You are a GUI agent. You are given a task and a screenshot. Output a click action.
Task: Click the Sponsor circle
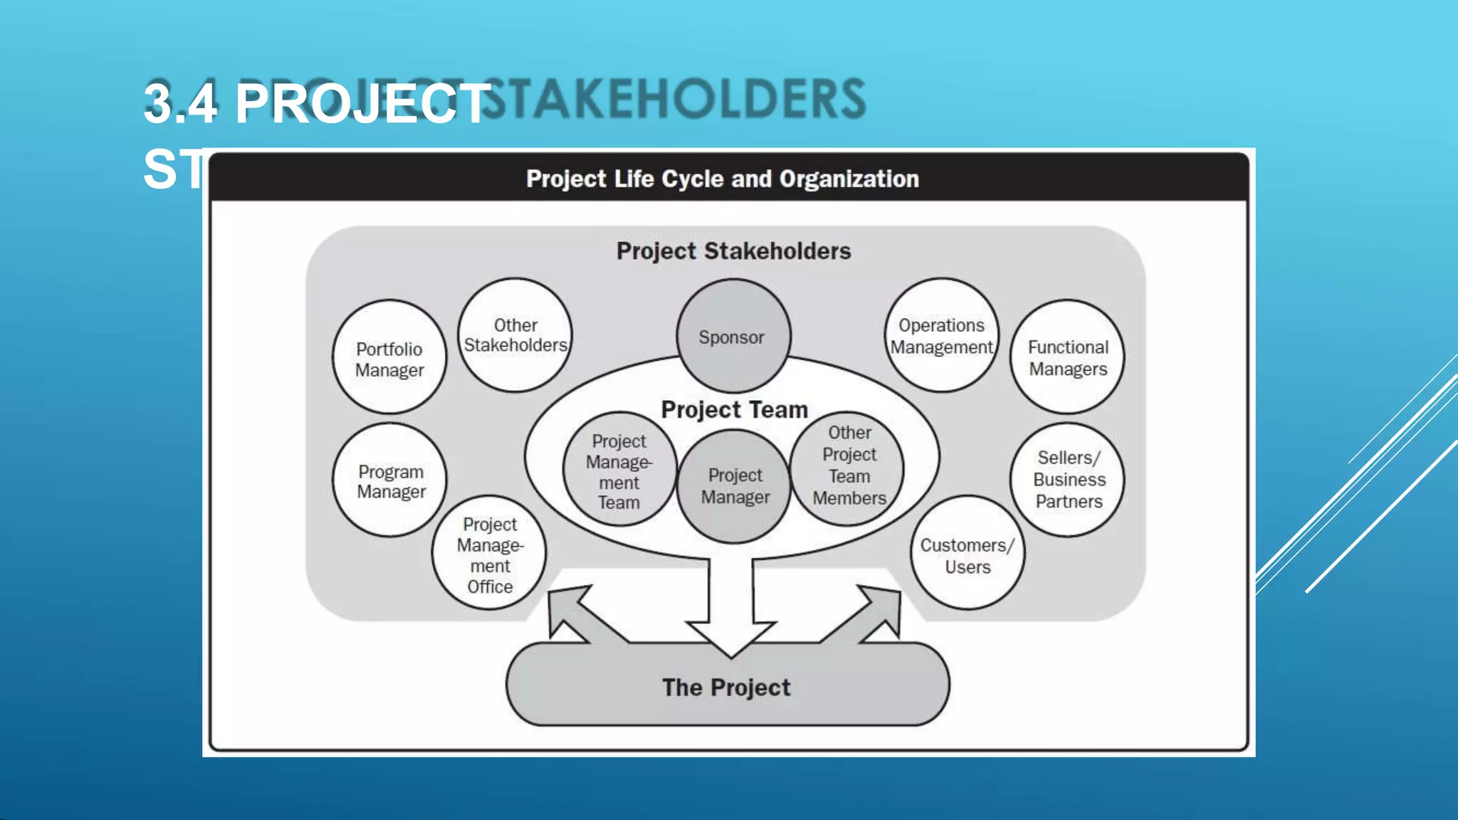tap(733, 336)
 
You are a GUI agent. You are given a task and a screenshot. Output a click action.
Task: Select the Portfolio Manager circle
tap(389, 357)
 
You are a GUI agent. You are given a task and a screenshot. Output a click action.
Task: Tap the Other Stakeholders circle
tap(515, 335)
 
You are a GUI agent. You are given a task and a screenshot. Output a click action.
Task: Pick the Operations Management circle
tap(941, 335)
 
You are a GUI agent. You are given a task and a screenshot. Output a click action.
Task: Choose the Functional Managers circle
tap(1067, 357)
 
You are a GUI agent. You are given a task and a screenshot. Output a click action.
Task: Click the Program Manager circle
tap(389, 480)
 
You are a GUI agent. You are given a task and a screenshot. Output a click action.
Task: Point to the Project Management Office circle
tap(489, 554)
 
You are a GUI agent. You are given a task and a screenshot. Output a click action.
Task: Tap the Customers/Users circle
tap(967, 554)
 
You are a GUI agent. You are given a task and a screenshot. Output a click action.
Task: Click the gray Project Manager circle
tap(735, 487)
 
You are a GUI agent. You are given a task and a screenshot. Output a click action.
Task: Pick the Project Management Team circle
tap(619, 471)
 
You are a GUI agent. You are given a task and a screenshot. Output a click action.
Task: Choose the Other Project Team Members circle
tap(849, 466)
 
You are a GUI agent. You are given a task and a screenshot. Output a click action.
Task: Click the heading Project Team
tap(734, 410)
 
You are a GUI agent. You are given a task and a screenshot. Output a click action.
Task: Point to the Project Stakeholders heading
tap(733, 251)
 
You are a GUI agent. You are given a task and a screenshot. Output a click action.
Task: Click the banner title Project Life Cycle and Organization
tap(722, 179)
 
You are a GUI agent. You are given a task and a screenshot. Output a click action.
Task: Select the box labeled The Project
tap(726, 687)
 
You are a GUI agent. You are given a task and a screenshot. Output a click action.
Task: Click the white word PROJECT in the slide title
tap(362, 104)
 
